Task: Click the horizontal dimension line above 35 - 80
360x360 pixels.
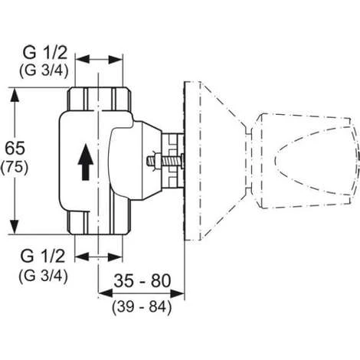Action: [x=140, y=292]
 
